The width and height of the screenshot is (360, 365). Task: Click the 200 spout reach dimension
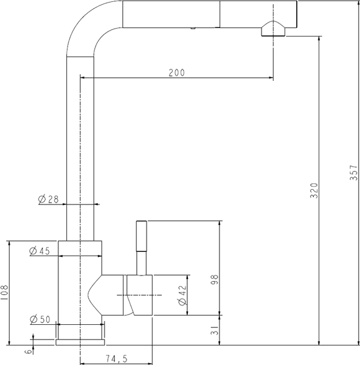(176, 72)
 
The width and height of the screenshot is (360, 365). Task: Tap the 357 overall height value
(353, 173)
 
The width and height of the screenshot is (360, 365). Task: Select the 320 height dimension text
(314, 190)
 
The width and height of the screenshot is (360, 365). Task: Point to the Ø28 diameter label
(49, 200)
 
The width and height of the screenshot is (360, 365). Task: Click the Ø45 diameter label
(40, 251)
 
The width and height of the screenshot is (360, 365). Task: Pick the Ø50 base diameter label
(40, 319)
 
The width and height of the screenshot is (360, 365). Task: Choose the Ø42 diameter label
(182, 295)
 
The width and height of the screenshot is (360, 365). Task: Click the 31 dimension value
(214, 330)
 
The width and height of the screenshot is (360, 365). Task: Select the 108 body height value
(4, 293)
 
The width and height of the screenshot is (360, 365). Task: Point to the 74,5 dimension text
(117, 359)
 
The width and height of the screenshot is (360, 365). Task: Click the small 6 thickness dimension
(28, 351)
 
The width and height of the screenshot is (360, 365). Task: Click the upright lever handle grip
(142, 236)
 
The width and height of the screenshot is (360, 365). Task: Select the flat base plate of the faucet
(80, 342)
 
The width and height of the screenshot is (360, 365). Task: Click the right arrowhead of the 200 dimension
(271, 77)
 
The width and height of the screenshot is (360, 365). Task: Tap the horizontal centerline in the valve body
(139, 295)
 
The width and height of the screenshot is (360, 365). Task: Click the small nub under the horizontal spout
(193, 29)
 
